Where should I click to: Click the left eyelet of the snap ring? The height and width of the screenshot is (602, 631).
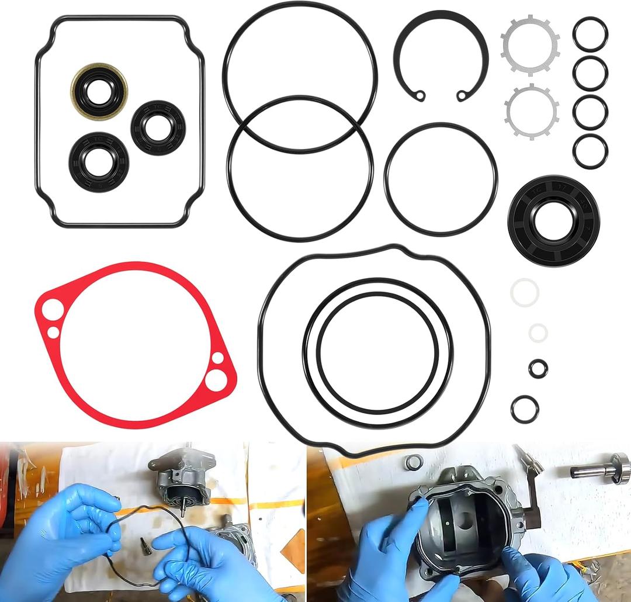419,95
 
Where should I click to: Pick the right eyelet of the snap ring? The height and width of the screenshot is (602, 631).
463,95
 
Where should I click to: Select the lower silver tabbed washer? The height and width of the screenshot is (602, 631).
531,112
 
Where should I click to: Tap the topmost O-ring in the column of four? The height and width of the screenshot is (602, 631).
590,34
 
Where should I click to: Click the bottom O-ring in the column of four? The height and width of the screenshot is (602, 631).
590,151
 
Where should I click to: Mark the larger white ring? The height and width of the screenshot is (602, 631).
524,292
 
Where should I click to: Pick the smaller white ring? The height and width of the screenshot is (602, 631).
538,333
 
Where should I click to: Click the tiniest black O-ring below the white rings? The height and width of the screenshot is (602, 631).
538,368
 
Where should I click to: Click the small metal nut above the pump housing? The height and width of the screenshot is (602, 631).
414,462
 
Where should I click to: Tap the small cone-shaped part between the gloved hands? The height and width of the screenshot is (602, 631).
145,545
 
